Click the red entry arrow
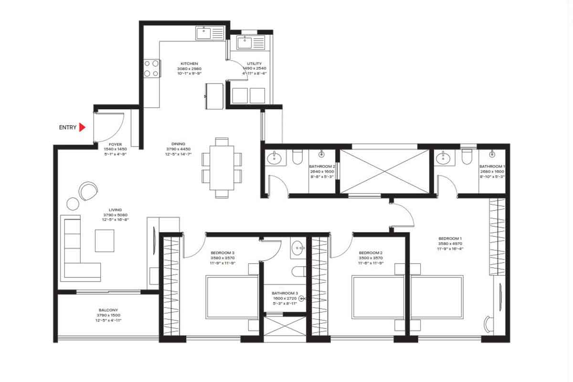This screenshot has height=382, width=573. [82, 127]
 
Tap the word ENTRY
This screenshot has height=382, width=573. [67, 127]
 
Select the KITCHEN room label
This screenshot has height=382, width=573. [189, 64]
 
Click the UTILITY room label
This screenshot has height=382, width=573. [254, 64]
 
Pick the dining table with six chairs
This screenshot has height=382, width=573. [222, 167]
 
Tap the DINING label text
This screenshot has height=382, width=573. [178, 143]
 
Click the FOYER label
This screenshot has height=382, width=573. [115, 144]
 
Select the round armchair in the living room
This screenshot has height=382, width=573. [88, 191]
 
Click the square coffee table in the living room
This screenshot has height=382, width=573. [105, 240]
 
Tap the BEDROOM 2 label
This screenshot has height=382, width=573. [370, 253]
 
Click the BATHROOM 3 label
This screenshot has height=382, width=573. [285, 293]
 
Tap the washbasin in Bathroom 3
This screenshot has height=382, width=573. [298, 248]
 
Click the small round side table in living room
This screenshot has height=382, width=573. [73, 204]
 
